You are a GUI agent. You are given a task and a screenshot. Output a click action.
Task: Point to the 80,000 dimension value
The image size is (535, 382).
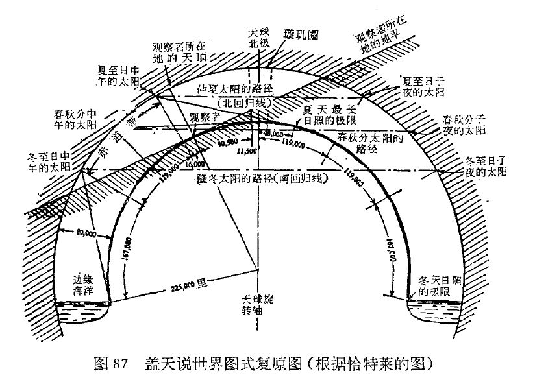pos(84,232)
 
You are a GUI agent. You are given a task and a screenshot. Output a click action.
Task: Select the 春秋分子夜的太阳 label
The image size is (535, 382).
pos(462,125)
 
